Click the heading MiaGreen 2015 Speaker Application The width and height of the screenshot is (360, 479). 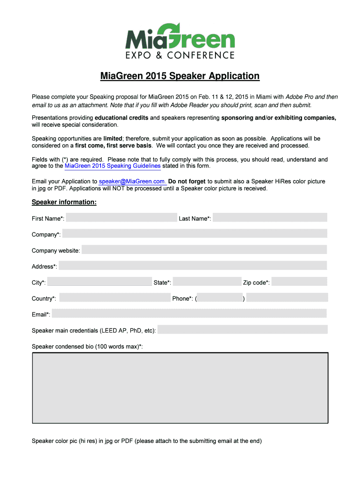point(180,76)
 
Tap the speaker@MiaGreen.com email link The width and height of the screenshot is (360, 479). point(132,181)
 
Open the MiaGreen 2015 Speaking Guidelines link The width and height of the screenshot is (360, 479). point(113,166)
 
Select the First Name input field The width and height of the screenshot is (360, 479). point(122,218)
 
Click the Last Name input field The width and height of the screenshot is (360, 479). point(270,218)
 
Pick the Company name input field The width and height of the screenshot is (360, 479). point(194,233)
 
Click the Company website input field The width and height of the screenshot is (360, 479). point(204,250)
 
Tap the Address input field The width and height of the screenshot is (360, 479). point(193,266)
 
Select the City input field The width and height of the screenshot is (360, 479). point(100,282)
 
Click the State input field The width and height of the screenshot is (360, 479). point(207,282)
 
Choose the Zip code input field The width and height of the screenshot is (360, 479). point(299,282)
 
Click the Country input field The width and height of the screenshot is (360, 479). point(115,298)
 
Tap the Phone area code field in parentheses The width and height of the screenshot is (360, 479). point(220,298)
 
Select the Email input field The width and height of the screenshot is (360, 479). point(189,314)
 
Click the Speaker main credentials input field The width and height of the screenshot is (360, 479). point(243,330)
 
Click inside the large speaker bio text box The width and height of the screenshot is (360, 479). point(180,388)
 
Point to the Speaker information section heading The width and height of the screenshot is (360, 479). point(64,202)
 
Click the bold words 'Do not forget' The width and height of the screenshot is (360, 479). point(187,181)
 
